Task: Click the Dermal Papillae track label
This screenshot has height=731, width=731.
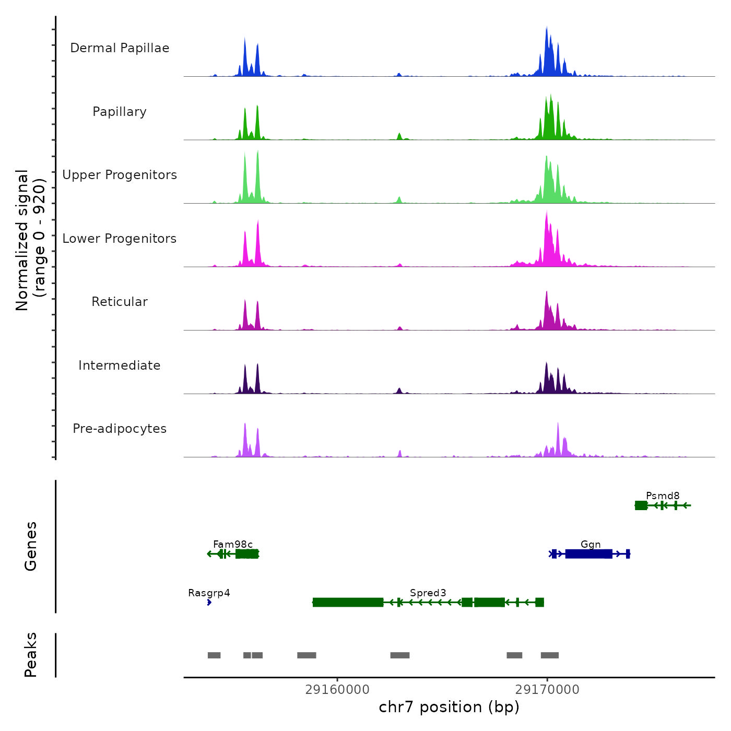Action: point(120,48)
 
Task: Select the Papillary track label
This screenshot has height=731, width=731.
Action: point(120,112)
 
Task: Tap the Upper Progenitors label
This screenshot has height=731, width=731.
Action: point(120,175)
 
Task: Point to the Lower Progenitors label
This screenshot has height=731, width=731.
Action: point(120,239)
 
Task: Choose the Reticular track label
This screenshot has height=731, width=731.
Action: point(120,302)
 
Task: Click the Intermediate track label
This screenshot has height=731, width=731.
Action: point(120,365)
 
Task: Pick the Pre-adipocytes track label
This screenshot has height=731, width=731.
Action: point(120,429)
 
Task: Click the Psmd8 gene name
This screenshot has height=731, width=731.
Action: point(663,496)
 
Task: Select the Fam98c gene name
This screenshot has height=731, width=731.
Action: point(233,544)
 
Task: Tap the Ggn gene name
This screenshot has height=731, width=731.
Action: point(591,544)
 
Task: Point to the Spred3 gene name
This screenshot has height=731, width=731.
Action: point(428,593)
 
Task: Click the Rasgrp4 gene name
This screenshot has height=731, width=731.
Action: point(209,593)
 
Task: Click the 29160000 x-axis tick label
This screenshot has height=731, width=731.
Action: point(337,689)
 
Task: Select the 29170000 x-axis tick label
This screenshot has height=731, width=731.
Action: point(547,689)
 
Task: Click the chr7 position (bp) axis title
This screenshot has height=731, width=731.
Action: point(449,707)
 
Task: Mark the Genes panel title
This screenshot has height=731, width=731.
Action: point(31,546)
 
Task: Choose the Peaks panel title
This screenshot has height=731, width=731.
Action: point(31,655)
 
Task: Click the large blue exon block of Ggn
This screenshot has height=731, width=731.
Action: point(588,553)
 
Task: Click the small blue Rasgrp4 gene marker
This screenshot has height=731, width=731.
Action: point(209,603)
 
